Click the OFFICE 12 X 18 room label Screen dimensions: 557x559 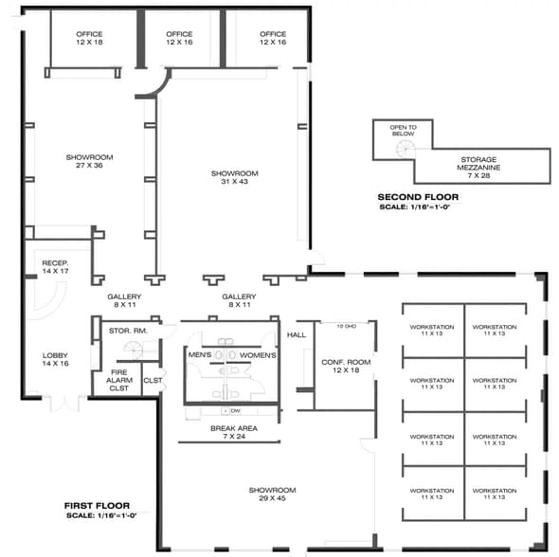(90, 39)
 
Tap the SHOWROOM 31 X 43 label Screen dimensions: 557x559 (234, 178)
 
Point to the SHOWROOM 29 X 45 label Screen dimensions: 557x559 (273, 494)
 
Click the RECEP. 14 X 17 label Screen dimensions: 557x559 (55, 267)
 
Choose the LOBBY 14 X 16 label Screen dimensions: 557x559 (55, 359)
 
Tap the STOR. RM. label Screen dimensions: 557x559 (125, 331)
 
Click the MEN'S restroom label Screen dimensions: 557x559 (200, 355)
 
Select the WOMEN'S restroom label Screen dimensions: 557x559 (257, 355)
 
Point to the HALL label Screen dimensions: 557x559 (297, 334)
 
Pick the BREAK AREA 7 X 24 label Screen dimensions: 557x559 (233, 432)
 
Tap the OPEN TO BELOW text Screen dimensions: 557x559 (403, 130)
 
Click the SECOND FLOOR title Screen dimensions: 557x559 (418, 196)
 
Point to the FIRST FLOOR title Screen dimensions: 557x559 (97, 505)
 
